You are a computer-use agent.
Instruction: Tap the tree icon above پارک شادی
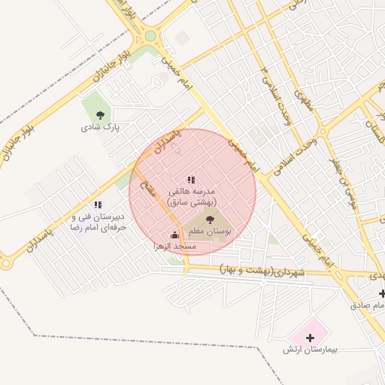click(100, 115)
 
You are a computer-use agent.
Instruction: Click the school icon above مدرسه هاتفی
click(191, 180)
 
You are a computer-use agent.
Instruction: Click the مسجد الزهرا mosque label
click(174, 247)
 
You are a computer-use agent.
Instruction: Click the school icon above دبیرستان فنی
click(98, 205)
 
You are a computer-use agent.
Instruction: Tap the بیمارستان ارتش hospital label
click(311, 350)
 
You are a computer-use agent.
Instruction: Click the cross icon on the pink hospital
click(311, 338)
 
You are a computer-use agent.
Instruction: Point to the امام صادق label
click(368, 305)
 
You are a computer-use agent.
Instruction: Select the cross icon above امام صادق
click(382, 293)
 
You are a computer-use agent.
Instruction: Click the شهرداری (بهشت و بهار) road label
click(263, 269)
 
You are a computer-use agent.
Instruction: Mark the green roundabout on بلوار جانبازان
click(150, 35)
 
